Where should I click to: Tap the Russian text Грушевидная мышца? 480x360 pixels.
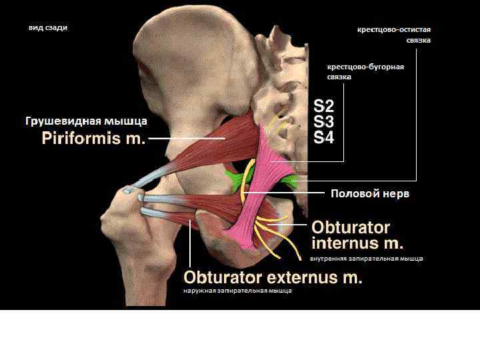[x=86, y=122]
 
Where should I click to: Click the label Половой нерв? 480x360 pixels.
[x=370, y=194]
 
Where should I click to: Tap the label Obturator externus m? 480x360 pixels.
[x=273, y=277]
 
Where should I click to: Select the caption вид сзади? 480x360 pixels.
[x=48, y=28]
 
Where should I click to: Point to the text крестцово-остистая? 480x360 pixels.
[x=394, y=30]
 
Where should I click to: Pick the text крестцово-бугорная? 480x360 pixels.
[x=366, y=67]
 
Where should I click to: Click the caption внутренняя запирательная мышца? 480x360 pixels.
[x=367, y=258]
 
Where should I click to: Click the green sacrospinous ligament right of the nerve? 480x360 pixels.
[x=291, y=181]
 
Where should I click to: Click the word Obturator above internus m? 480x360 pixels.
[x=351, y=227]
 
